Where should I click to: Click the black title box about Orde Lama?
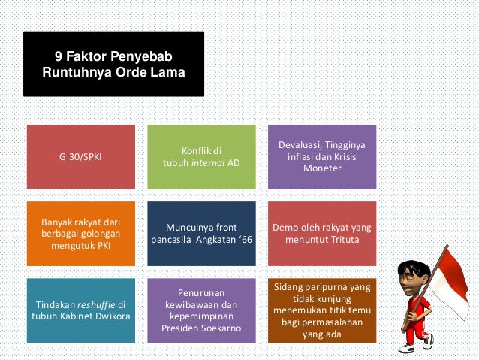tap(113, 64)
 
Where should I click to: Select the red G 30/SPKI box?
tap(81, 157)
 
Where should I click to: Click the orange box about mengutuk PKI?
tap(81, 234)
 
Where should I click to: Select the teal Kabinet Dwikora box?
tap(81, 310)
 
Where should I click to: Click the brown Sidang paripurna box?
tap(323, 310)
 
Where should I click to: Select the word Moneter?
tap(321, 168)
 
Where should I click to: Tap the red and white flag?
tap(453, 274)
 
